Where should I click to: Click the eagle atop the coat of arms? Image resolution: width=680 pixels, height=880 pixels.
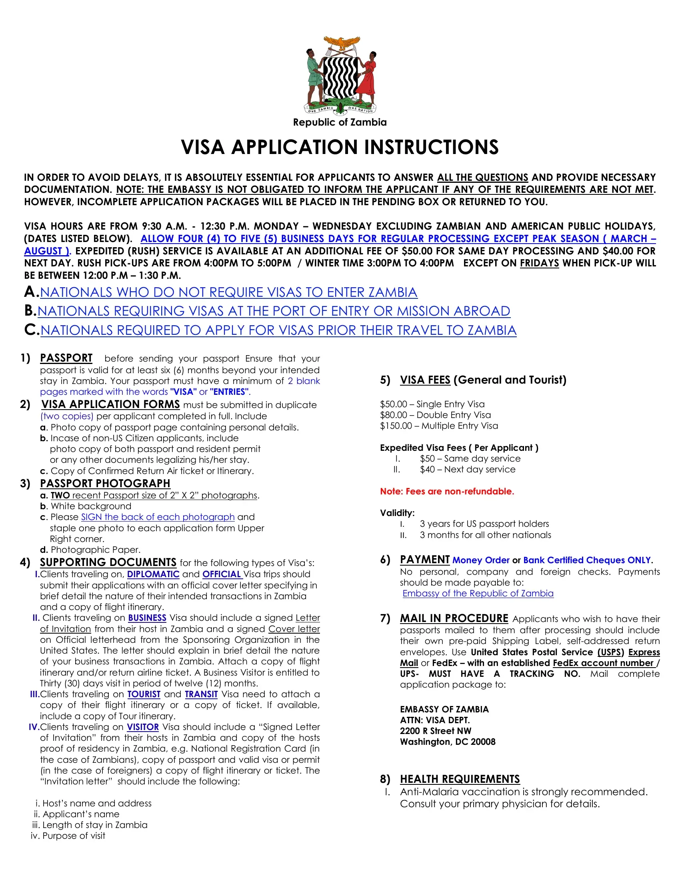342,43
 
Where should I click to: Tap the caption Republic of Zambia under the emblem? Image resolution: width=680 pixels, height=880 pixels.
340,122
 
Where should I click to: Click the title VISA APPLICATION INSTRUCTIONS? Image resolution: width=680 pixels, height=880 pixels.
340,147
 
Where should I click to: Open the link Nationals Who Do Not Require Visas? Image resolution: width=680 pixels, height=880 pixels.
228,292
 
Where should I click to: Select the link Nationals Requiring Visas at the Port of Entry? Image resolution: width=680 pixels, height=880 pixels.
274,311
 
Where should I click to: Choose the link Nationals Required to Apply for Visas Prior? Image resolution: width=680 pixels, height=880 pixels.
278,330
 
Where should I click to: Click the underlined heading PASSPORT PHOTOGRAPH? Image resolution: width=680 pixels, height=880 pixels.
105,484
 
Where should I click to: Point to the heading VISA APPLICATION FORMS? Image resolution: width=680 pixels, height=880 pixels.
111,404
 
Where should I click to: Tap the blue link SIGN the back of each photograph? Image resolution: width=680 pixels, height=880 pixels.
158,517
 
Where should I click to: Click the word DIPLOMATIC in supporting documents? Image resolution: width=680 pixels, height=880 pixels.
153,574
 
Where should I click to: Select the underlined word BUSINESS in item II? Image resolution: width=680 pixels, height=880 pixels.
147,618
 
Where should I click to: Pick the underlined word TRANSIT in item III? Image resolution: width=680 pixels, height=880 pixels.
201,694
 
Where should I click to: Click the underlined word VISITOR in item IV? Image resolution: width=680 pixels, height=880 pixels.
143,727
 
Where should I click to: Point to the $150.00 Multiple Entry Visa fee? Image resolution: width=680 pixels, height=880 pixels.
439,426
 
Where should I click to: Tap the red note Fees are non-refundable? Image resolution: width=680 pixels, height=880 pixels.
447,492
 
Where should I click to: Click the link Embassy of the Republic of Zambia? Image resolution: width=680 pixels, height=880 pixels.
478,594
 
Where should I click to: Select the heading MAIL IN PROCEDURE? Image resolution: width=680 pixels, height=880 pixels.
454,618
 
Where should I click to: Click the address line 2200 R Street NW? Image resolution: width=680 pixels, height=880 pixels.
436,731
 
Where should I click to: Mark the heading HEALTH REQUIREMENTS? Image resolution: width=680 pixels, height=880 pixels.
460,779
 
